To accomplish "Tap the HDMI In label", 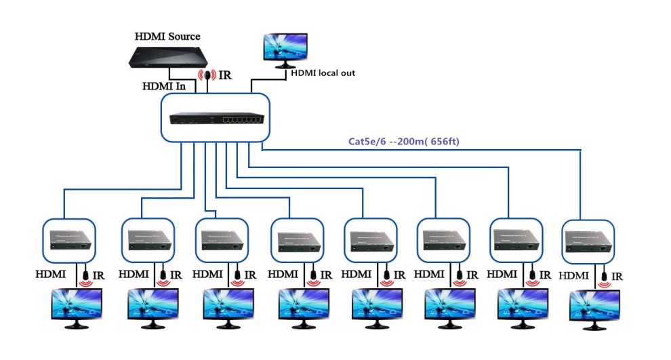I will point(163,86).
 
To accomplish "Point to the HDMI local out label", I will point(323,73).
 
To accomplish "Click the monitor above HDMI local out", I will point(286,47).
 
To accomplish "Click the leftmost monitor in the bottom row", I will point(77,307).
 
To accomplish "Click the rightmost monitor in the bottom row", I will point(595,309).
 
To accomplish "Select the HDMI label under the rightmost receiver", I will point(573,276).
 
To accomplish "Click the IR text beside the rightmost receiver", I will point(617,277).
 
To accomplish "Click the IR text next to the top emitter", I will point(224,75).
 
